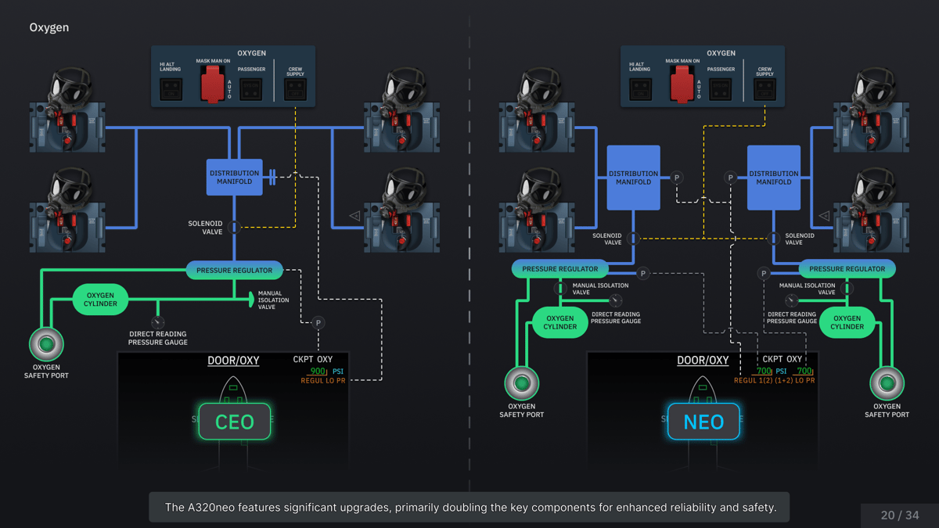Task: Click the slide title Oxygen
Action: tap(49, 27)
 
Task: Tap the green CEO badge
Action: tap(234, 422)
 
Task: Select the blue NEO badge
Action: tap(703, 422)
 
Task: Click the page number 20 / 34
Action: tap(900, 515)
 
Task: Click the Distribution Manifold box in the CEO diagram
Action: tap(234, 178)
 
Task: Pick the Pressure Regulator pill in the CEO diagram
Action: tap(234, 271)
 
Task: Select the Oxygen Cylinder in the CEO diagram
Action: tap(100, 299)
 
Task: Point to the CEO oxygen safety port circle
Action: tap(46, 343)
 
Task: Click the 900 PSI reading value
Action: tap(317, 372)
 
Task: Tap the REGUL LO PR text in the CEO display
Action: tap(323, 381)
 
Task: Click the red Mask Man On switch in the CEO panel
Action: tap(212, 84)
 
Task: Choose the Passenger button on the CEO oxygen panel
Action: tap(251, 90)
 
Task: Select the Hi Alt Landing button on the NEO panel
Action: tap(640, 89)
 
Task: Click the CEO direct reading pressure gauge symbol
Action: tap(157, 322)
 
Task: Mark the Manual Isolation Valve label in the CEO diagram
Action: tap(273, 300)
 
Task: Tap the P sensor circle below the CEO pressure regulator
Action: tap(318, 322)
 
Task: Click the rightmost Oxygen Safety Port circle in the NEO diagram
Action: tap(887, 383)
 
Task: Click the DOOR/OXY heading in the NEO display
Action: tap(703, 361)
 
